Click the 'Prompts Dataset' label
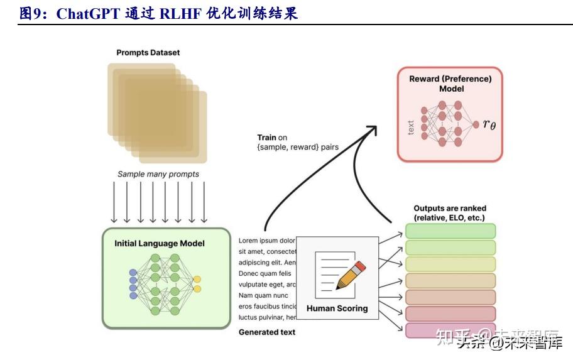pos(148,53)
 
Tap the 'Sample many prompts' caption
pos(158,174)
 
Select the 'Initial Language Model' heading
pos(160,243)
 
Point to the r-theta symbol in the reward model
pos(489,124)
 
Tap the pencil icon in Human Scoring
pos(351,275)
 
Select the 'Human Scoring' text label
pos(337,308)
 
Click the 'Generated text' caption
pos(267,332)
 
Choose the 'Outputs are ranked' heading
pos(450,213)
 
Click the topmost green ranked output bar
pos(450,231)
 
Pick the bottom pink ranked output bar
pos(450,330)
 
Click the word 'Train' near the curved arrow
pos(267,138)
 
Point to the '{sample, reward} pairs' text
pos(298,147)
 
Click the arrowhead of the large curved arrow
pos(371,129)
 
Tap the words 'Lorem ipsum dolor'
pos(267,240)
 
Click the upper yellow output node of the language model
pos(197,279)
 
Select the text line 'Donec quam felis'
pos(265,273)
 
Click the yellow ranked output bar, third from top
pos(450,264)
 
